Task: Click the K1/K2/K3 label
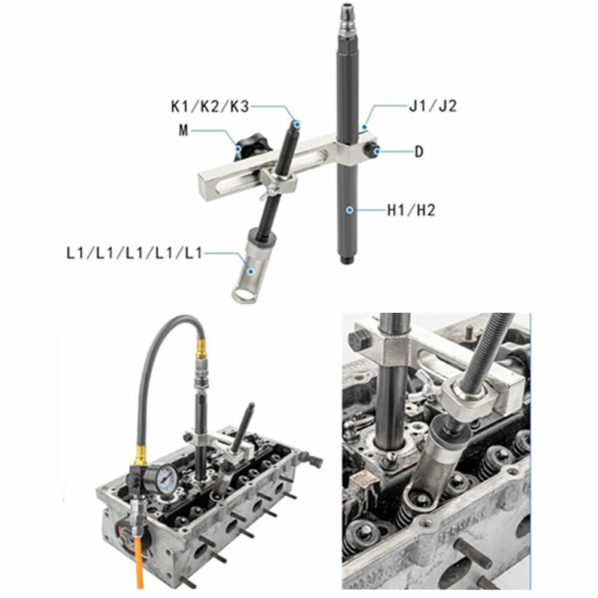click(x=210, y=107)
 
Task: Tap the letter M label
click(x=184, y=130)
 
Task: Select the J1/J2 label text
click(x=432, y=106)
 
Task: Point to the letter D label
click(x=419, y=152)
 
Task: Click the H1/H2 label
click(x=411, y=210)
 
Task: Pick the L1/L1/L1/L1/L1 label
click(x=134, y=253)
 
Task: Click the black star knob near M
click(x=252, y=145)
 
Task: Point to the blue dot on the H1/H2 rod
click(x=349, y=210)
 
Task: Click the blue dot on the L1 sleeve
click(x=251, y=271)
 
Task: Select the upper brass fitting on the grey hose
click(x=200, y=349)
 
